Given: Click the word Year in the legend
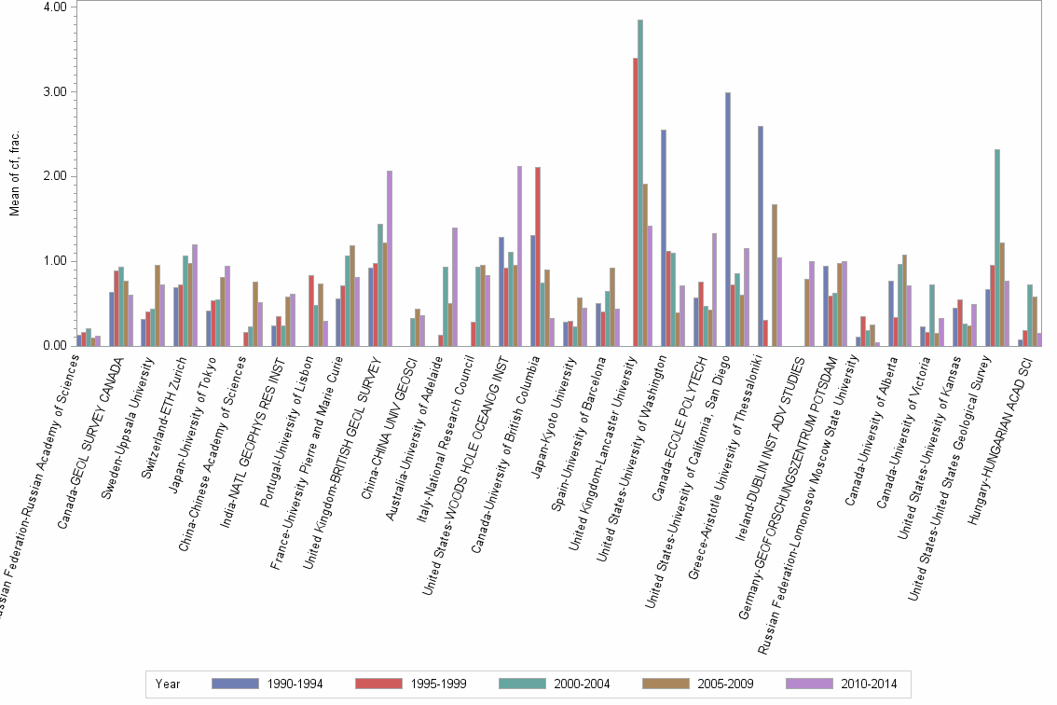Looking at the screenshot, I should point(169,684).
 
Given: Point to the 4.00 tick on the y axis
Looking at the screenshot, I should point(55,7).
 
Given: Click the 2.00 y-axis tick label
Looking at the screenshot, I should point(55,176).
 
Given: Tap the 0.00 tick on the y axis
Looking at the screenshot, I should point(55,346).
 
